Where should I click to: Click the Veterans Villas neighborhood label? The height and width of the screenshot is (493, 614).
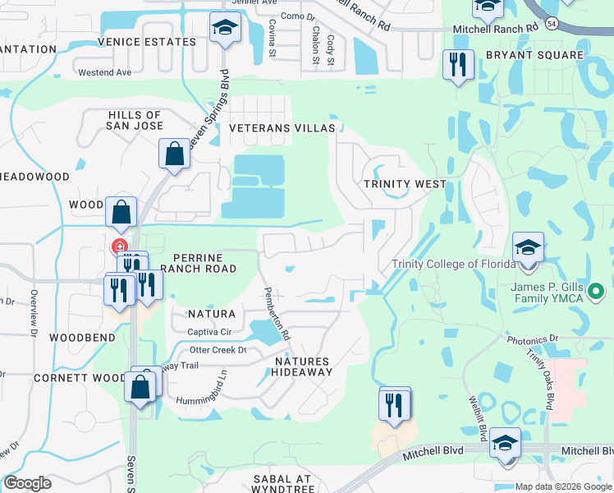[x=282, y=129]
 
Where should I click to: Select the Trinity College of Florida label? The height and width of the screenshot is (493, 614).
[x=453, y=264]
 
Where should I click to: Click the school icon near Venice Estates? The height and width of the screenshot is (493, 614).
[x=222, y=29]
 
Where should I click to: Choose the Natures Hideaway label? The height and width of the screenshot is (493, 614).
[x=303, y=366]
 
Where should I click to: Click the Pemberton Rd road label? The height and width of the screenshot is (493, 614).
[x=277, y=313]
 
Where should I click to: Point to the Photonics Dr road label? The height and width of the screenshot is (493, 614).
[x=532, y=339]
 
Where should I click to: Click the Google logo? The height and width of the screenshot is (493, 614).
[x=28, y=483]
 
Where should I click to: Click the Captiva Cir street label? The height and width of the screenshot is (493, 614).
[x=212, y=332]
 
